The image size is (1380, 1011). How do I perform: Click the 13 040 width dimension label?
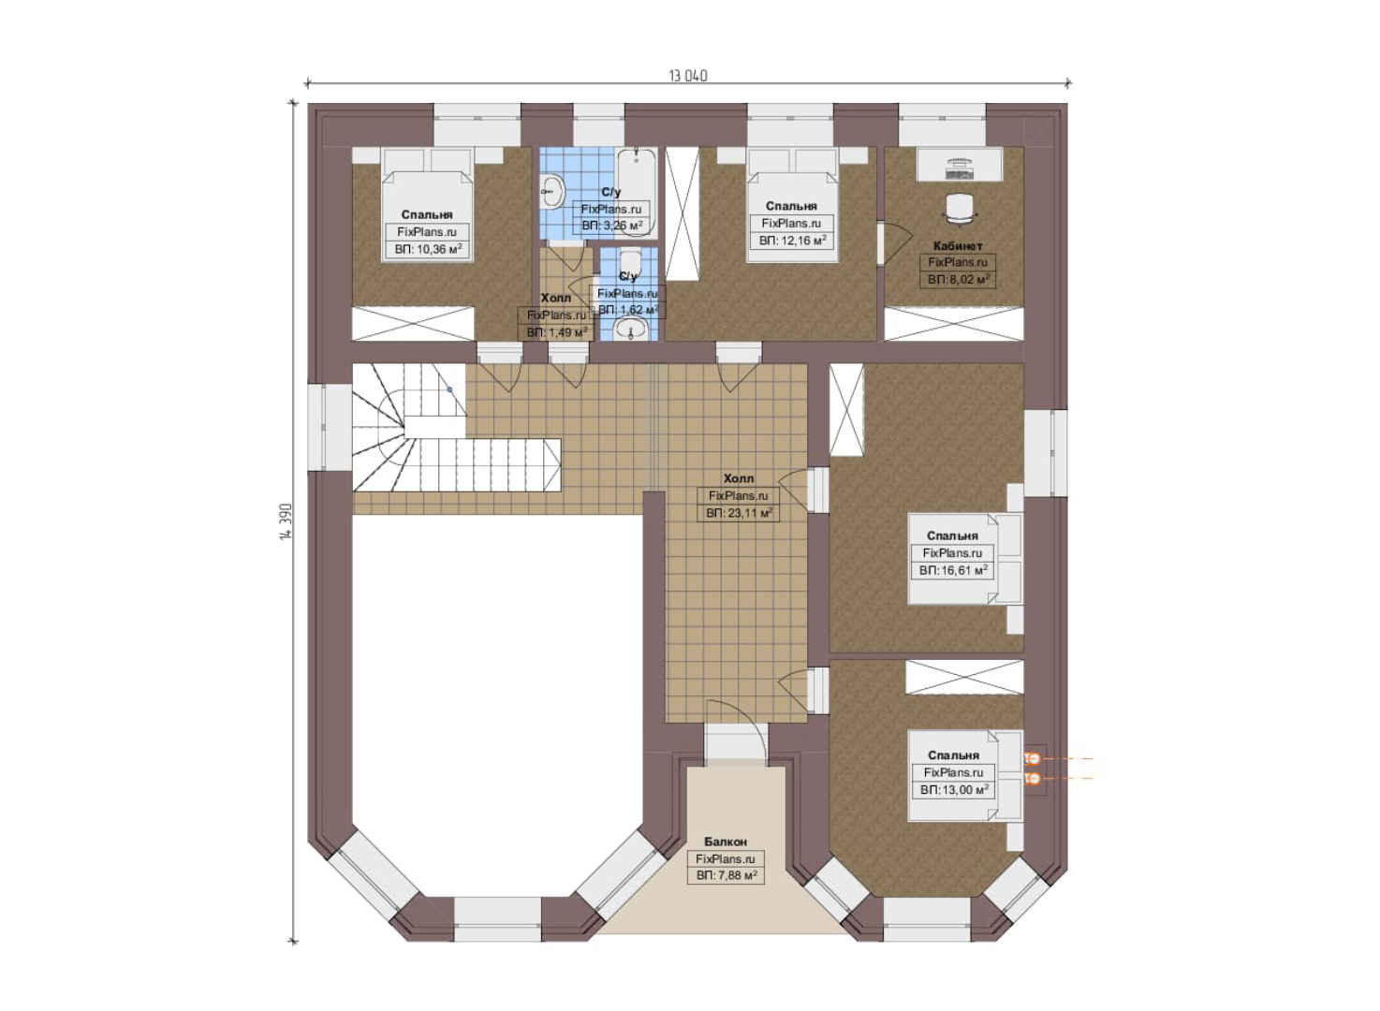[688, 76]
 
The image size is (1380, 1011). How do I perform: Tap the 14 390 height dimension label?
[286, 522]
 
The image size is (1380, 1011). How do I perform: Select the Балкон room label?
[726, 842]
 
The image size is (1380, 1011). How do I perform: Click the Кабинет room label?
[958, 246]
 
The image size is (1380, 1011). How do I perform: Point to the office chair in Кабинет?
[960, 206]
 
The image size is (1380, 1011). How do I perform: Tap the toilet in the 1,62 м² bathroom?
[629, 263]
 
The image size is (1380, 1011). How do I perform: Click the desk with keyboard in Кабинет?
[960, 165]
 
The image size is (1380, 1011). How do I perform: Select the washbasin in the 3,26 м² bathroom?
[552, 192]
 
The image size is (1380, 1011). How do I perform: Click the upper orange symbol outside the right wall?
[1034, 758]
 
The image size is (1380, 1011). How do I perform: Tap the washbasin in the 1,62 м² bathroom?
[630, 329]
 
